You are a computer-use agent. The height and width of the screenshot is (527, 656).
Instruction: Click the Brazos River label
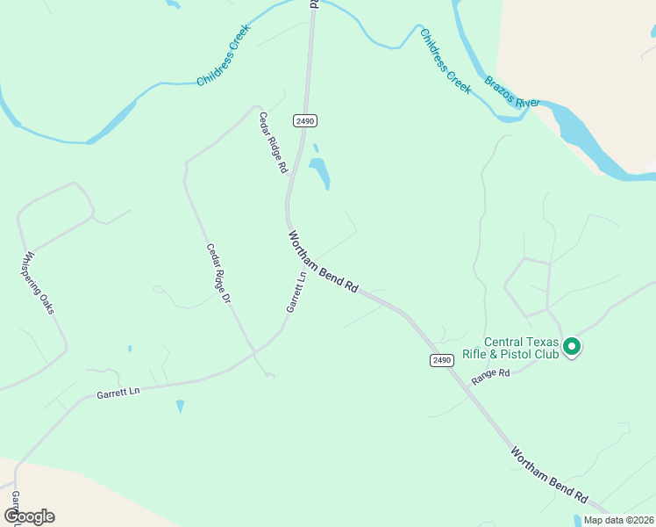(x=512, y=93)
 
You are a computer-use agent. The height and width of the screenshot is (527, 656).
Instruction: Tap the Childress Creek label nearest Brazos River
(x=446, y=56)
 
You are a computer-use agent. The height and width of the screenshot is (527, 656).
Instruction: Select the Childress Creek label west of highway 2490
(x=224, y=54)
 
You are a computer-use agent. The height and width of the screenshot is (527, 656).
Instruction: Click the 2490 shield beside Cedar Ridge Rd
(x=305, y=121)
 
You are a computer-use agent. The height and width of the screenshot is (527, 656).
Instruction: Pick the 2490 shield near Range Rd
(x=441, y=360)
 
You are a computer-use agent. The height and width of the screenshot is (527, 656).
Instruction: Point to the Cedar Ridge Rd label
(x=274, y=141)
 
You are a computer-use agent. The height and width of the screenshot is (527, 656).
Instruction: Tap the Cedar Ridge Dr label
(x=218, y=274)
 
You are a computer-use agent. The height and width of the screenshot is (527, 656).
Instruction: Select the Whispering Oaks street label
(x=39, y=284)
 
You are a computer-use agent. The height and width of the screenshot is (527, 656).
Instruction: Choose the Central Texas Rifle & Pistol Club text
(x=522, y=348)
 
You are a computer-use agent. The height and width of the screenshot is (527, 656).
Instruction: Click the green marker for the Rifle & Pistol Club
(x=572, y=347)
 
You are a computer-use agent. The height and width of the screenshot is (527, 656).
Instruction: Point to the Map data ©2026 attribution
(x=619, y=520)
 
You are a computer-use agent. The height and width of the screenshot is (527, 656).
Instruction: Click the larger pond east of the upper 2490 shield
(x=319, y=172)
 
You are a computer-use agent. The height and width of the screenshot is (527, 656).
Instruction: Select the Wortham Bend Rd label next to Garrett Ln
(x=324, y=263)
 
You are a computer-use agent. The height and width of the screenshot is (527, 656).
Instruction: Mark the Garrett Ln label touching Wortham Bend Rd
(x=296, y=291)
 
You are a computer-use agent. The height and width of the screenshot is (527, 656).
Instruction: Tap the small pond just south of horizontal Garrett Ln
(x=180, y=406)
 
